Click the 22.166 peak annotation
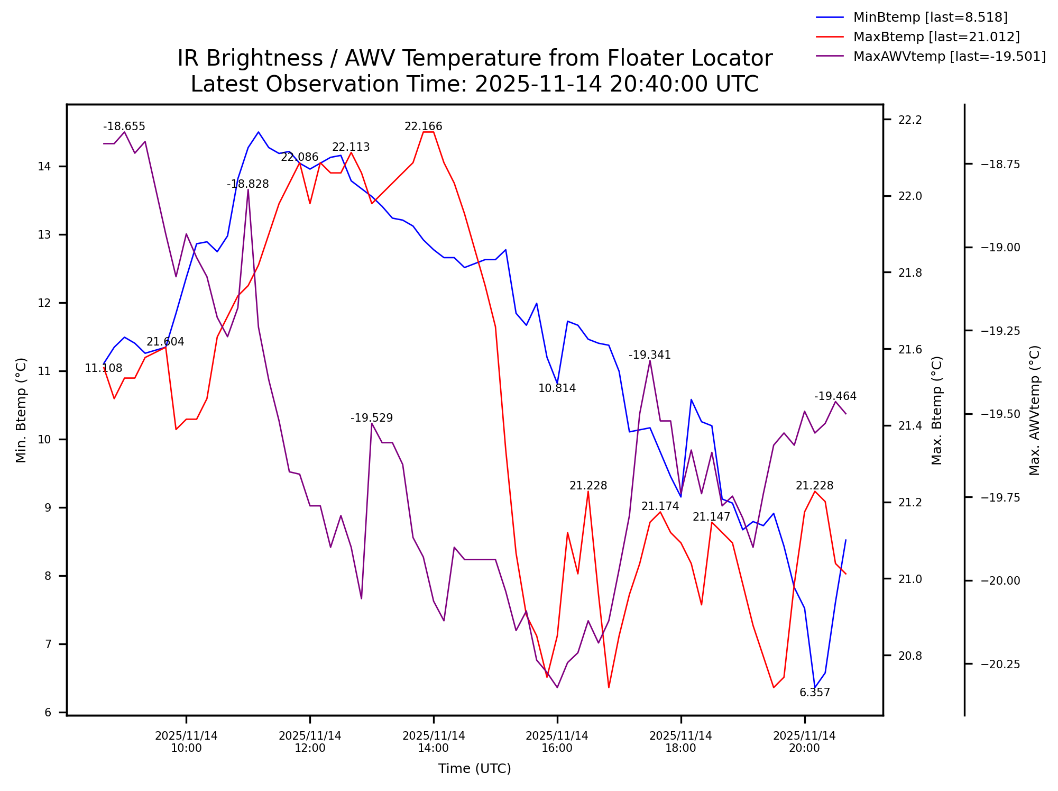coord(423,126)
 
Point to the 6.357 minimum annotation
coord(814,693)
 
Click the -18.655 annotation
coord(124,126)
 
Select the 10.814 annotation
coord(557,388)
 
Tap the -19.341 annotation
coord(649,355)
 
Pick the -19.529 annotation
coord(371,418)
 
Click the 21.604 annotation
coord(165,342)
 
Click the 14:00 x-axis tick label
coord(434,742)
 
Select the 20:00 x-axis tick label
coord(804,742)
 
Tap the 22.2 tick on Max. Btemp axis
coord(910,120)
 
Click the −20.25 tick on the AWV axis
coord(1000,665)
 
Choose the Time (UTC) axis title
coord(474,769)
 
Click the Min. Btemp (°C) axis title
coord(21,410)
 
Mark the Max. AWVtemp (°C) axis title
coord(1035,410)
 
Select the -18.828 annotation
coord(247,184)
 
